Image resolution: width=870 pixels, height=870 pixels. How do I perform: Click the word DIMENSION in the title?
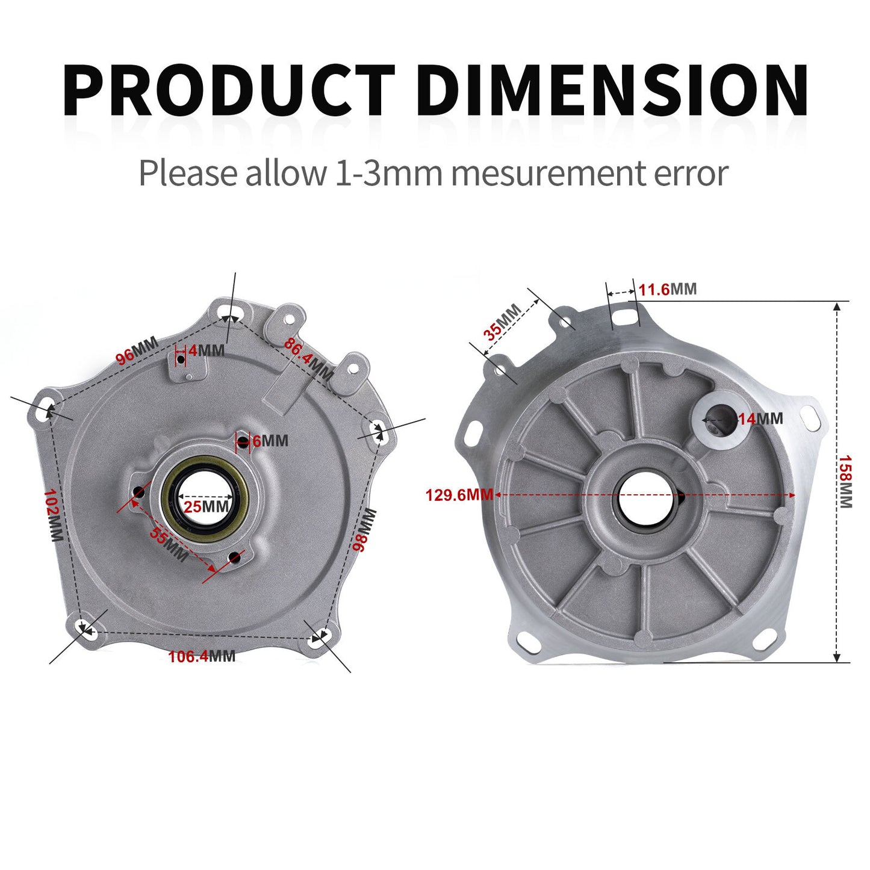click(612, 90)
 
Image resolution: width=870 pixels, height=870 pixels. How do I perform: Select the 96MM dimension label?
click(137, 350)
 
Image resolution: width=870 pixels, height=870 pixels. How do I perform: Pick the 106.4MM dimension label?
click(202, 656)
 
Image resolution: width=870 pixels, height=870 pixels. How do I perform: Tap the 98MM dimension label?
click(364, 530)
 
